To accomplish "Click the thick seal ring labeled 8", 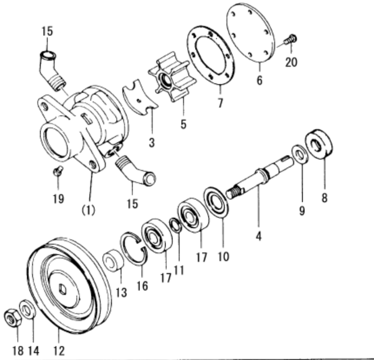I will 320,142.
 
